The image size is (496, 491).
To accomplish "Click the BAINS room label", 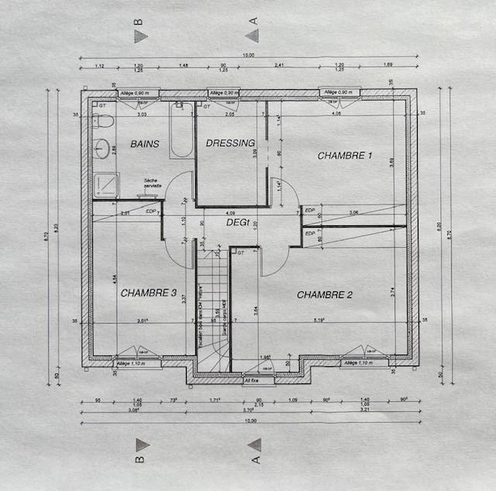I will pyautogui.click(x=145, y=144).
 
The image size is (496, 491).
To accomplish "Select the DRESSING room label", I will pyautogui.click(x=230, y=143).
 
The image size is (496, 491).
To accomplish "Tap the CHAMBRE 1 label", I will pyautogui.click(x=345, y=156).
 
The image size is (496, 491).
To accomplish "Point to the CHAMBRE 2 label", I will pyautogui.click(x=325, y=294).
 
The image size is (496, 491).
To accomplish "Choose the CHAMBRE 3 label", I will pyautogui.click(x=149, y=293).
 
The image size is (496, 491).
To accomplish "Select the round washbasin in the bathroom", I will pyautogui.click(x=102, y=149).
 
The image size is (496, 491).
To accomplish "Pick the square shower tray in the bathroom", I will pyautogui.click(x=103, y=185).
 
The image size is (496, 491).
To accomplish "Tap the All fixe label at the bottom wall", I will pyautogui.click(x=251, y=380).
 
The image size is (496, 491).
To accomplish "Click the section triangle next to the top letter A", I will pyautogui.click(x=252, y=36).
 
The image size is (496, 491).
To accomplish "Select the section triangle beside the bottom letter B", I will pyautogui.click(x=142, y=445).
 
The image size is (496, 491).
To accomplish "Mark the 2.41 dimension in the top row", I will pyautogui.click(x=280, y=65).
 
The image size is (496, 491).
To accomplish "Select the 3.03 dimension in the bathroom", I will pyautogui.click(x=142, y=114).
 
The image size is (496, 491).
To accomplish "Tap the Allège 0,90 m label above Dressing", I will pyautogui.click(x=224, y=94).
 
